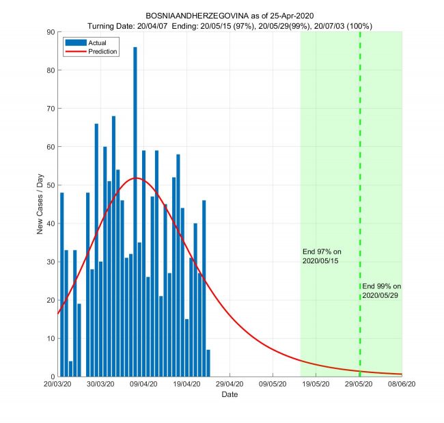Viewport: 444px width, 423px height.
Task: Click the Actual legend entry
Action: [x=89, y=43]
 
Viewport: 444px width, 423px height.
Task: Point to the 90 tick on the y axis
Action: [x=50, y=31]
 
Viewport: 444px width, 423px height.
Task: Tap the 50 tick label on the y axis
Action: [x=50, y=185]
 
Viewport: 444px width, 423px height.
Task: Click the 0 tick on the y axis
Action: [x=52, y=377]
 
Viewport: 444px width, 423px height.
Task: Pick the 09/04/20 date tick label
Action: [x=143, y=385]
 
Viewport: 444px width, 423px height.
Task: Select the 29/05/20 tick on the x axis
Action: [x=359, y=385]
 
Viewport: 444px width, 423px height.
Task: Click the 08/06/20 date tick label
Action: [x=402, y=385]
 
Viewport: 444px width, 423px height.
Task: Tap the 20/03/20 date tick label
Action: [x=57, y=385]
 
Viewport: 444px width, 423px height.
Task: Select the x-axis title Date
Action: [x=230, y=395]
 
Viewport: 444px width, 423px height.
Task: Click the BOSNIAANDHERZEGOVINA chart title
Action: [x=230, y=15]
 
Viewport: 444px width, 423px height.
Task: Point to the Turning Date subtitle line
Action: [x=230, y=25]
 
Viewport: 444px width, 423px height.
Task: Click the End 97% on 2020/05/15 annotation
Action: [x=321, y=256]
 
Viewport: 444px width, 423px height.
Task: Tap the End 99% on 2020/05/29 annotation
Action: [x=381, y=290]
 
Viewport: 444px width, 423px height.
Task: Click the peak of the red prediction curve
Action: [x=136, y=178]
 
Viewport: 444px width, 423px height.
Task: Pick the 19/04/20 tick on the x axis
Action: [x=186, y=385]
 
